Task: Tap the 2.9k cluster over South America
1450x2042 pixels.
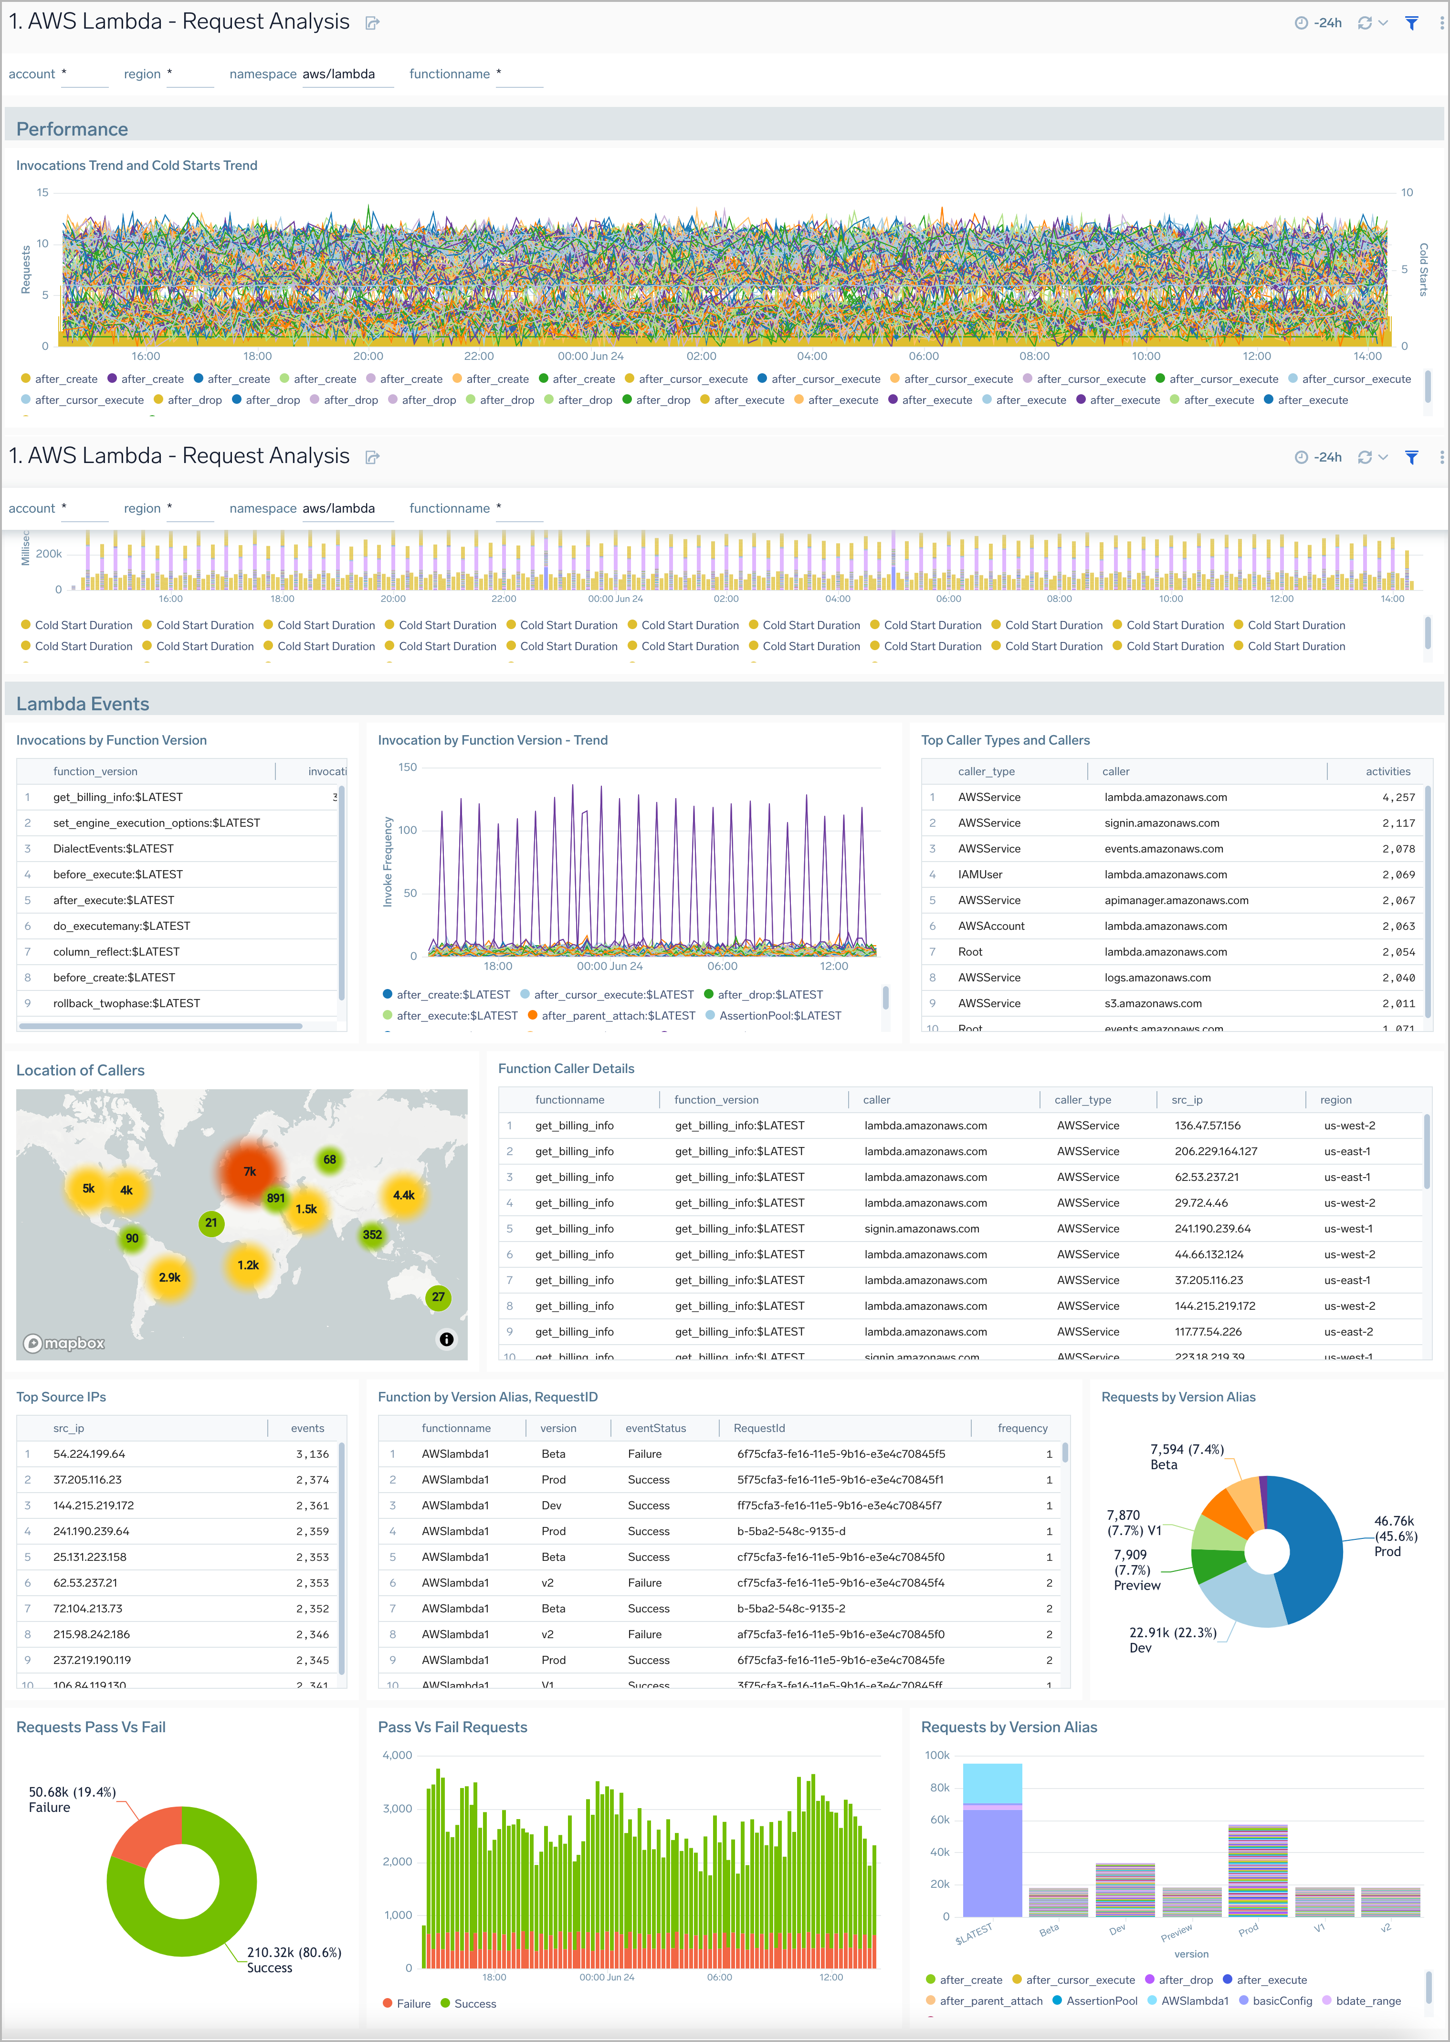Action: tap(169, 1278)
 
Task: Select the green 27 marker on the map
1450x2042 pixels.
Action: tap(438, 1297)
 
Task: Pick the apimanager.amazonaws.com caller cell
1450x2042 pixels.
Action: tap(1176, 900)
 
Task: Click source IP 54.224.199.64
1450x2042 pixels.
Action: tap(89, 1453)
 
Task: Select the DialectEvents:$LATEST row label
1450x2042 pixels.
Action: tap(114, 848)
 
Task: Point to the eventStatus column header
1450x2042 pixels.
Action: tap(655, 1429)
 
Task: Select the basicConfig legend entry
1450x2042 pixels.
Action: tap(1281, 2001)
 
